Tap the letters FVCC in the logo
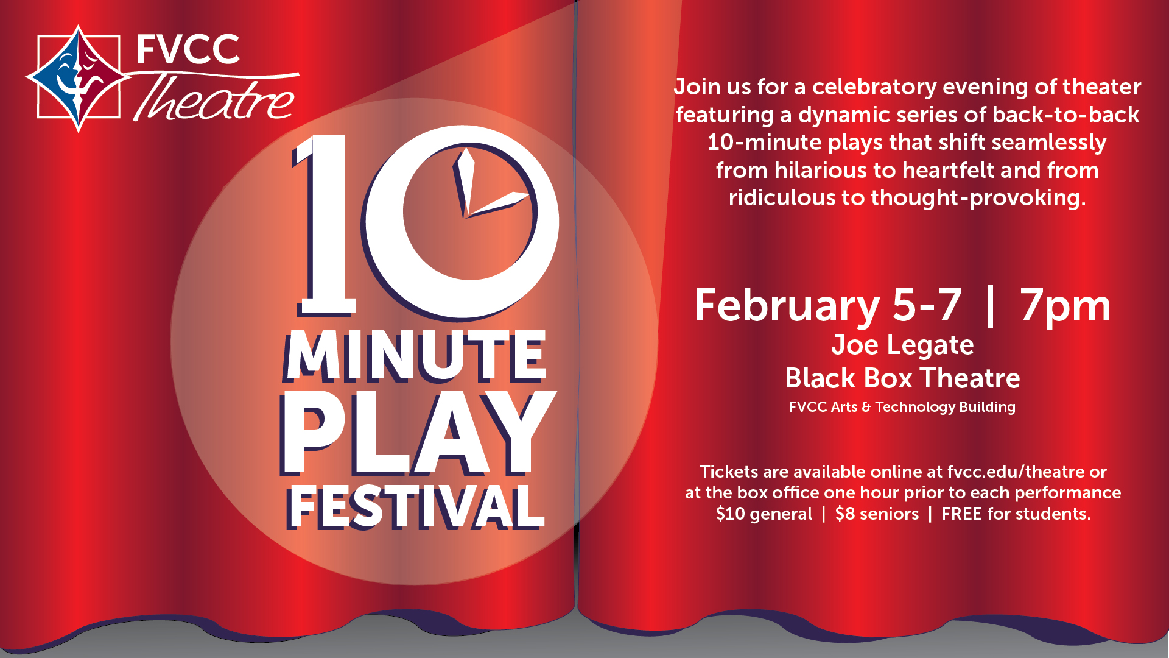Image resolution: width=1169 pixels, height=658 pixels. point(188,49)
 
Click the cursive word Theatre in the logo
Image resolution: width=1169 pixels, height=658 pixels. point(214,97)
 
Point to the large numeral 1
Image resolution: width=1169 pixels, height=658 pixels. point(324,225)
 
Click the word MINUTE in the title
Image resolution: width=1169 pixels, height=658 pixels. point(415,356)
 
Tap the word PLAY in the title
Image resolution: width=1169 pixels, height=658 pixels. point(418,434)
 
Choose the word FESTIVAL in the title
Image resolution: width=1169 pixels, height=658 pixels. point(415,507)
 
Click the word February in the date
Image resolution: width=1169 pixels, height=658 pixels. point(787,305)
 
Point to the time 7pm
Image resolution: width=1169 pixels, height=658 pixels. point(1065,305)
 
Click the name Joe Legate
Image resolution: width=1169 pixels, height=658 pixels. point(902,345)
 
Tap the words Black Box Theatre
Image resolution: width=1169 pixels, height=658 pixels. point(902,378)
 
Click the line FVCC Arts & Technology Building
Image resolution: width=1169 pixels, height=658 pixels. point(902,407)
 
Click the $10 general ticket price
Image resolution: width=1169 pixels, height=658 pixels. point(764,514)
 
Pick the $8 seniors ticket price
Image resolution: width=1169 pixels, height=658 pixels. point(877,514)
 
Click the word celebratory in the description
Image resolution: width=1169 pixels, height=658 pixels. point(874,87)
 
